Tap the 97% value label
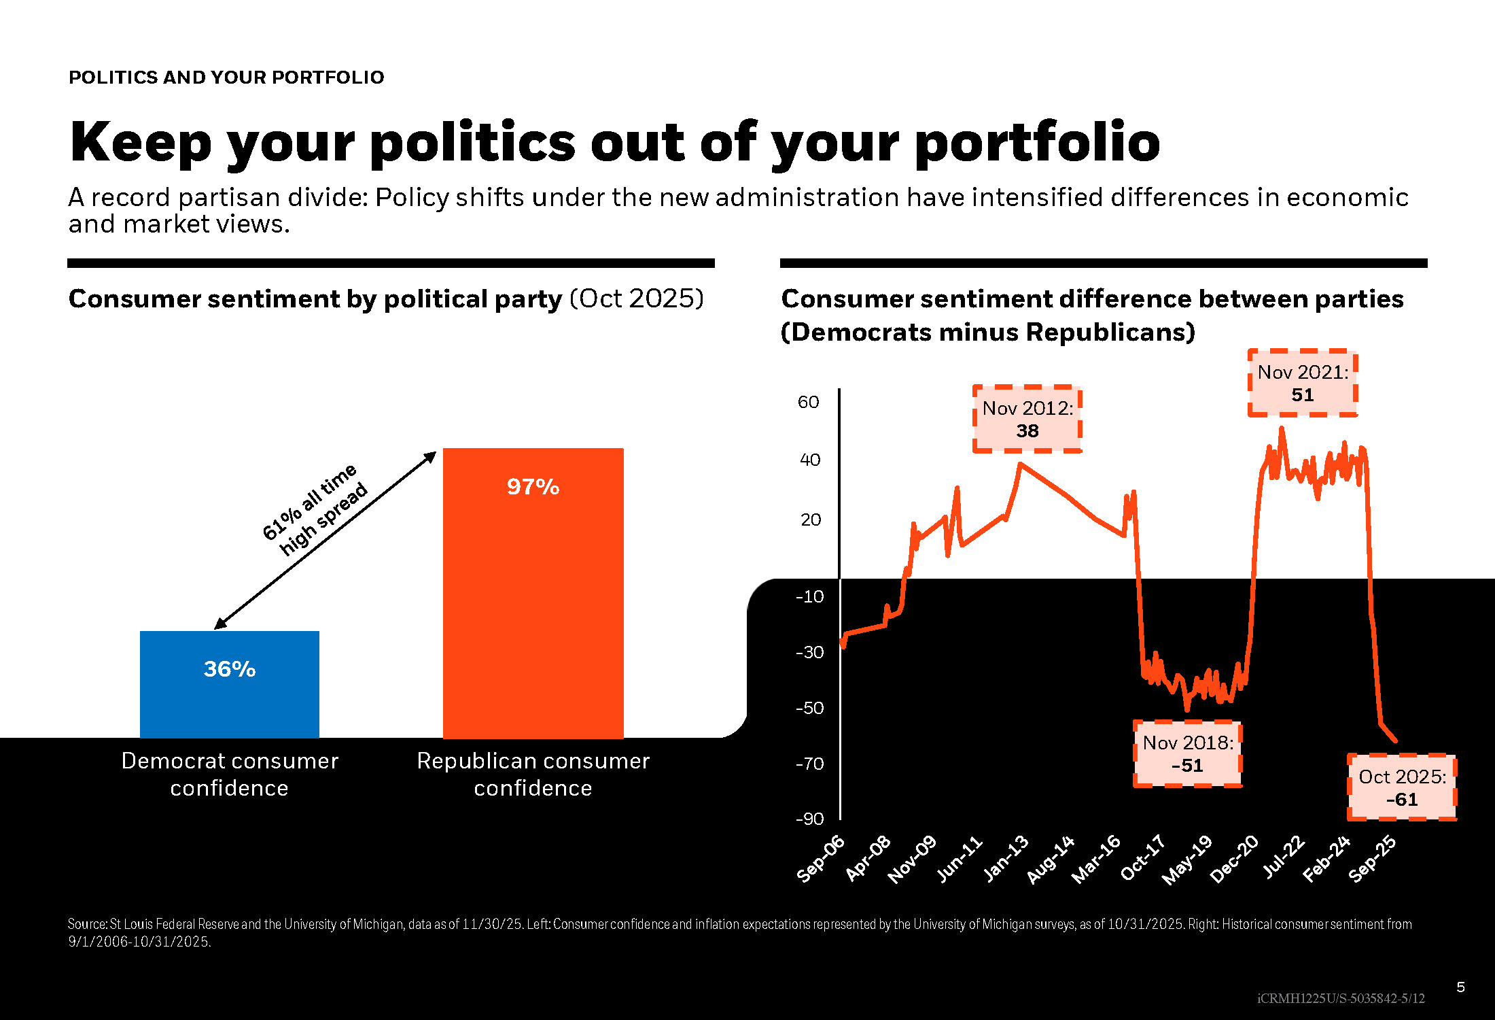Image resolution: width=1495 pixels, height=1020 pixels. click(x=533, y=487)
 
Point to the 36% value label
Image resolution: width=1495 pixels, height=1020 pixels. click(x=230, y=669)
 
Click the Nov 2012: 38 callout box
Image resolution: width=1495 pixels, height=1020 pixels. click(x=1027, y=419)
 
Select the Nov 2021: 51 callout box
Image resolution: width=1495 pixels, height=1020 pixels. click(x=1302, y=383)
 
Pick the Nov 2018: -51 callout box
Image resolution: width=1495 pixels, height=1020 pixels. click(x=1187, y=753)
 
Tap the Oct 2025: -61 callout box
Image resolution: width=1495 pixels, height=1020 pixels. click(x=1402, y=787)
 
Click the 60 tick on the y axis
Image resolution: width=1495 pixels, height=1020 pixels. click(x=808, y=402)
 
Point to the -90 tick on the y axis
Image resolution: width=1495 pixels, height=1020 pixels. click(x=809, y=819)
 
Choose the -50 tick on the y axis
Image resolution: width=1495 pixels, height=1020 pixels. click(x=809, y=708)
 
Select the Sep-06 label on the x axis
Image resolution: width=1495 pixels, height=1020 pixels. click(x=821, y=859)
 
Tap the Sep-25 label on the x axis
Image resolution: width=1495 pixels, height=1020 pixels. click(x=1372, y=859)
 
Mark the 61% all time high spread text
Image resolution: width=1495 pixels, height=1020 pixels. click(x=315, y=509)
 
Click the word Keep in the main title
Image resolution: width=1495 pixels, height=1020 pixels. click(x=141, y=142)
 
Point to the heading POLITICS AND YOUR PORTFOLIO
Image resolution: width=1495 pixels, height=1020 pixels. click(x=226, y=78)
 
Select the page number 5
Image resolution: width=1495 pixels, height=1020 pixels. click(x=1460, y=987)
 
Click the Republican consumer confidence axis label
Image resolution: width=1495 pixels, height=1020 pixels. click(x=533, y=774)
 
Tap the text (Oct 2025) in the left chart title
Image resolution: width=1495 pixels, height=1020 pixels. click(x=636, y=299)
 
